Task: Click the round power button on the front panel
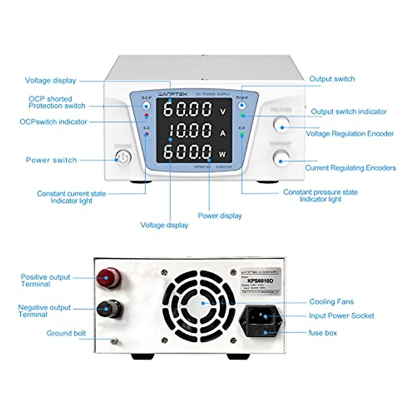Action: [x=123, y=158]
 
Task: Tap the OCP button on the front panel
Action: [x=147, y=106]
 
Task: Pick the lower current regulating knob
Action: [x=281, y=158]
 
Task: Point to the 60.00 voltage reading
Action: [x=188, y=109]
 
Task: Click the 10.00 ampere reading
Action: [x=190, y=131]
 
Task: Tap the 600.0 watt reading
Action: [x=188, y=152]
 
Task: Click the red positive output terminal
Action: [x=109, y=277]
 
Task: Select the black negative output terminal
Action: [x=109, y=309]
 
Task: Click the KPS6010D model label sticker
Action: [x=261, y=281]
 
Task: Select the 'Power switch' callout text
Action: [x=51, y=160]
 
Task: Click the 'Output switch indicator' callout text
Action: [x=348, y=112]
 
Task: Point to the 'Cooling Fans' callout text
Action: [x=331, y=302]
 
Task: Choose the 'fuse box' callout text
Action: [x=322, y=333]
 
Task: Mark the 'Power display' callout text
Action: [x=219, y=216]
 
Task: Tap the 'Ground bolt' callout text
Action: [x=66, y=333]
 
